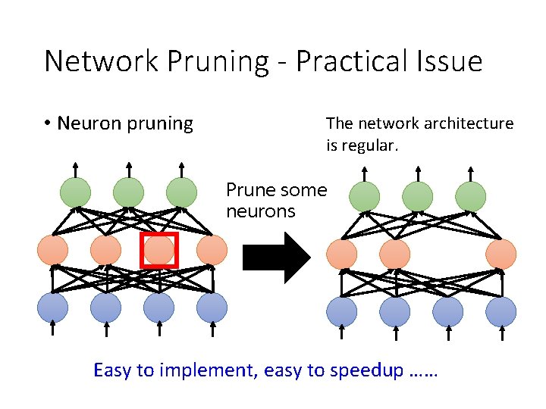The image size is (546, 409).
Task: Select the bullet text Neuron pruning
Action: click(125, 123)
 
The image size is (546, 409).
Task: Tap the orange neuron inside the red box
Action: click(158, 251)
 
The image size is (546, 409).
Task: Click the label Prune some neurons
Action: click(276, 201)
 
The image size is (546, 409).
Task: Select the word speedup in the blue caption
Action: click(368, 370)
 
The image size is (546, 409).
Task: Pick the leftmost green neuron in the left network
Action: click(76, 192)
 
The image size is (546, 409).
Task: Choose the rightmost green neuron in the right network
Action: click(470, 196)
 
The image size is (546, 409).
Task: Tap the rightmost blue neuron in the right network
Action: click(500, 312)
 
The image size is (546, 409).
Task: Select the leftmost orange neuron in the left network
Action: click(52, 250)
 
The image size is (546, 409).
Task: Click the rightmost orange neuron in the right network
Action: click(500, 254)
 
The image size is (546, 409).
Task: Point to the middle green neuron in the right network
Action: click(417, 196)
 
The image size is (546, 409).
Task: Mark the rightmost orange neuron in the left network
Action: click(212, 250)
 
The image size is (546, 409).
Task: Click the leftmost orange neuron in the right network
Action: click(341, 254)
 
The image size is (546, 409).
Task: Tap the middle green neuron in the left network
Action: click(129, 192)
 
